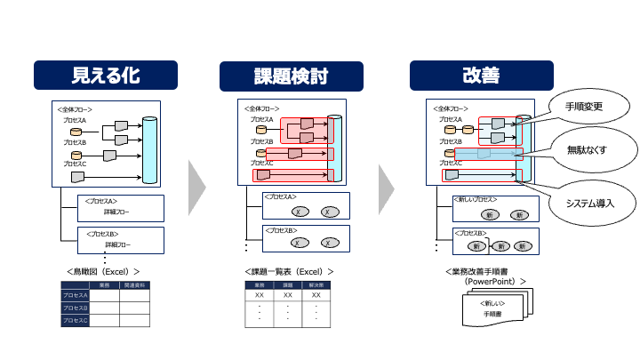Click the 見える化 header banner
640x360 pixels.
105,74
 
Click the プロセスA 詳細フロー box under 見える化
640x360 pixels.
121,208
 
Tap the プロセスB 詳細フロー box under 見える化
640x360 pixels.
121,239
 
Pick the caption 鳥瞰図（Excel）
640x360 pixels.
103,269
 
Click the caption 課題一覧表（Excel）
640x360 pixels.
289,270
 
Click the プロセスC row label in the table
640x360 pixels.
76,321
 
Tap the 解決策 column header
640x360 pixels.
316,285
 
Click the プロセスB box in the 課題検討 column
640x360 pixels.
306,238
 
